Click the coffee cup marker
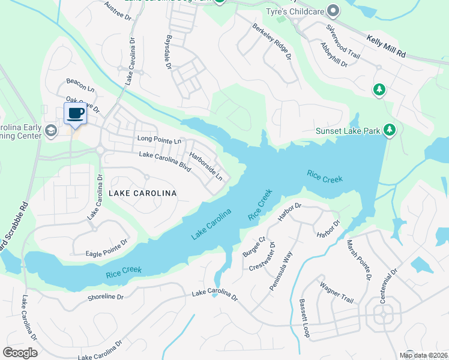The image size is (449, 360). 75,113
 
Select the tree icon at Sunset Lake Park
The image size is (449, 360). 390,130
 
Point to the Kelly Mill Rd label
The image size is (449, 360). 386,46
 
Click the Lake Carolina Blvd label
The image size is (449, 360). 165,163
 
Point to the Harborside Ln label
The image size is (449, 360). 206,167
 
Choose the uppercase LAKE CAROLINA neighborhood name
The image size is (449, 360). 143,193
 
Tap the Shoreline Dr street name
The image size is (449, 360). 105,297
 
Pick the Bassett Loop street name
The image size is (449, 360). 304,319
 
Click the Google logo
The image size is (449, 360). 20,353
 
